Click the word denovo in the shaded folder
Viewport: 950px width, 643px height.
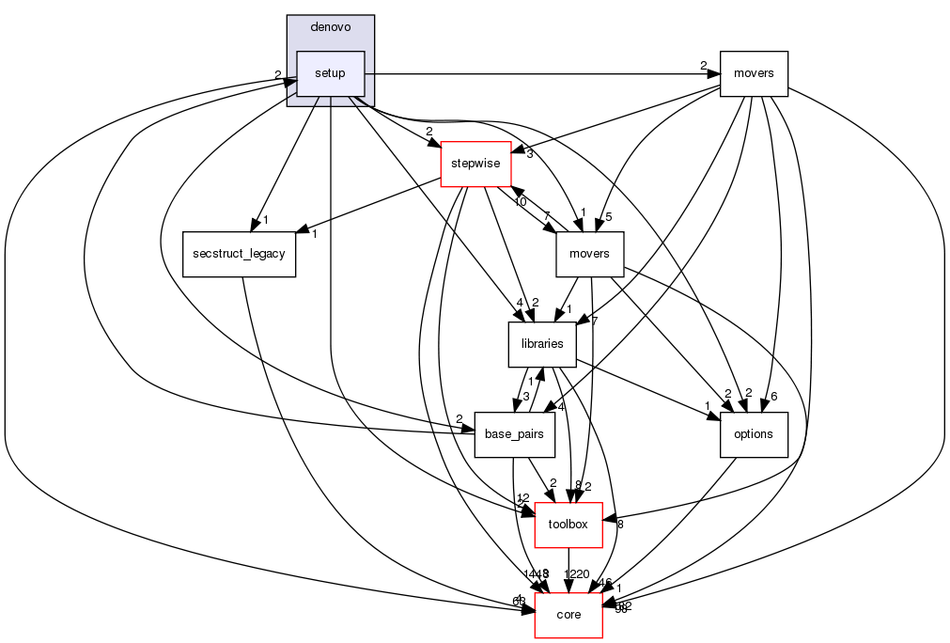point(330,27)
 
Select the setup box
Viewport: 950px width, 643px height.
point(330,73)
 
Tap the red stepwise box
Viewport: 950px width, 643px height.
point(476,164)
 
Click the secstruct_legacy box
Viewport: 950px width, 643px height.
point(240,254)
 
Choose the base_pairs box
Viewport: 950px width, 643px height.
point(514,434)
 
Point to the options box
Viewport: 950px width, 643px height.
point(753,434)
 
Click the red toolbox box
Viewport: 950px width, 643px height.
point(568,525)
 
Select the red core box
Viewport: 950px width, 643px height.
point(568,615)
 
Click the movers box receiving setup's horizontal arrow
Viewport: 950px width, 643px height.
point(753,73)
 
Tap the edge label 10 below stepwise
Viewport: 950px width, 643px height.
point(520,201)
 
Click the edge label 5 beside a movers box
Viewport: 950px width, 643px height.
point(609,217)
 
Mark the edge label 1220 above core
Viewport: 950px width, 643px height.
point(576,573)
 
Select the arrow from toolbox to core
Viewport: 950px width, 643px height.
point(568,569)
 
